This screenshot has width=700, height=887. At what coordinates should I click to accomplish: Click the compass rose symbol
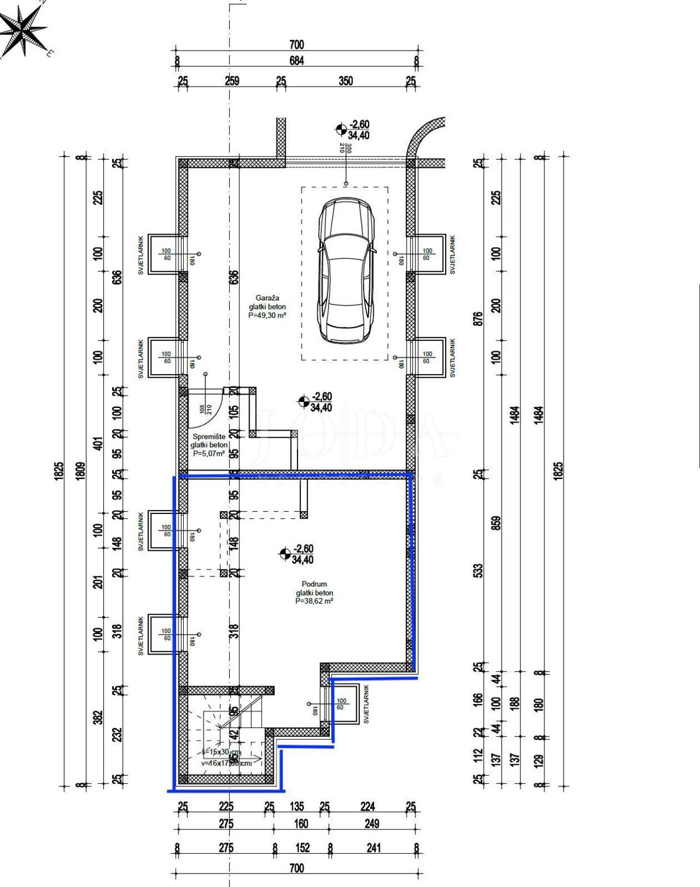(x=23, y=32)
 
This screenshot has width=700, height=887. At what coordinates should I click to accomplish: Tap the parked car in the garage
(x=345, y=269)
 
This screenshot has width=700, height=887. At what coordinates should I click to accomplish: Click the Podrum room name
(x=314, y=584)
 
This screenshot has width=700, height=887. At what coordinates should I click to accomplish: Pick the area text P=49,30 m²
(x=267, y=315)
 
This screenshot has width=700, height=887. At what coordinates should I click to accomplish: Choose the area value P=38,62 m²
(x=314, y=601)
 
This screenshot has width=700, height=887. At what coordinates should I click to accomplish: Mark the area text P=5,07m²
(x=209, y=453)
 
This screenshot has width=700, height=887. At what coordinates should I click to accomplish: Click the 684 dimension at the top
(x=296, y=61)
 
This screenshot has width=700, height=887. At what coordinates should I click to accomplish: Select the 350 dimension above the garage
(x=345, y=81)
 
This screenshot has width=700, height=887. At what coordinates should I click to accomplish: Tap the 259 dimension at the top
(x=232, y=81)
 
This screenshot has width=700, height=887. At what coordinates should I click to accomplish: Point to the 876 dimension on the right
(x=479, y=318)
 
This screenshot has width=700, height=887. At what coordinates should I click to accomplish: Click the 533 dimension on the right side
(x=479, y=569)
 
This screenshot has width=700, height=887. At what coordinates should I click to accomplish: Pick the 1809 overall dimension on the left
(x=81, y=471)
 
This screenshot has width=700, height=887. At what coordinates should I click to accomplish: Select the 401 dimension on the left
(x=99, y=443)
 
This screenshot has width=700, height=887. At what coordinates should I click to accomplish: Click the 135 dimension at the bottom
(x=297, y=807)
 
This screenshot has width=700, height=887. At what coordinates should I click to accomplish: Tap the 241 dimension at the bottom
(x=373, y=848)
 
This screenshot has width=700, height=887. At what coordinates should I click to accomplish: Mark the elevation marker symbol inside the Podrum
(x=285, y=554)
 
